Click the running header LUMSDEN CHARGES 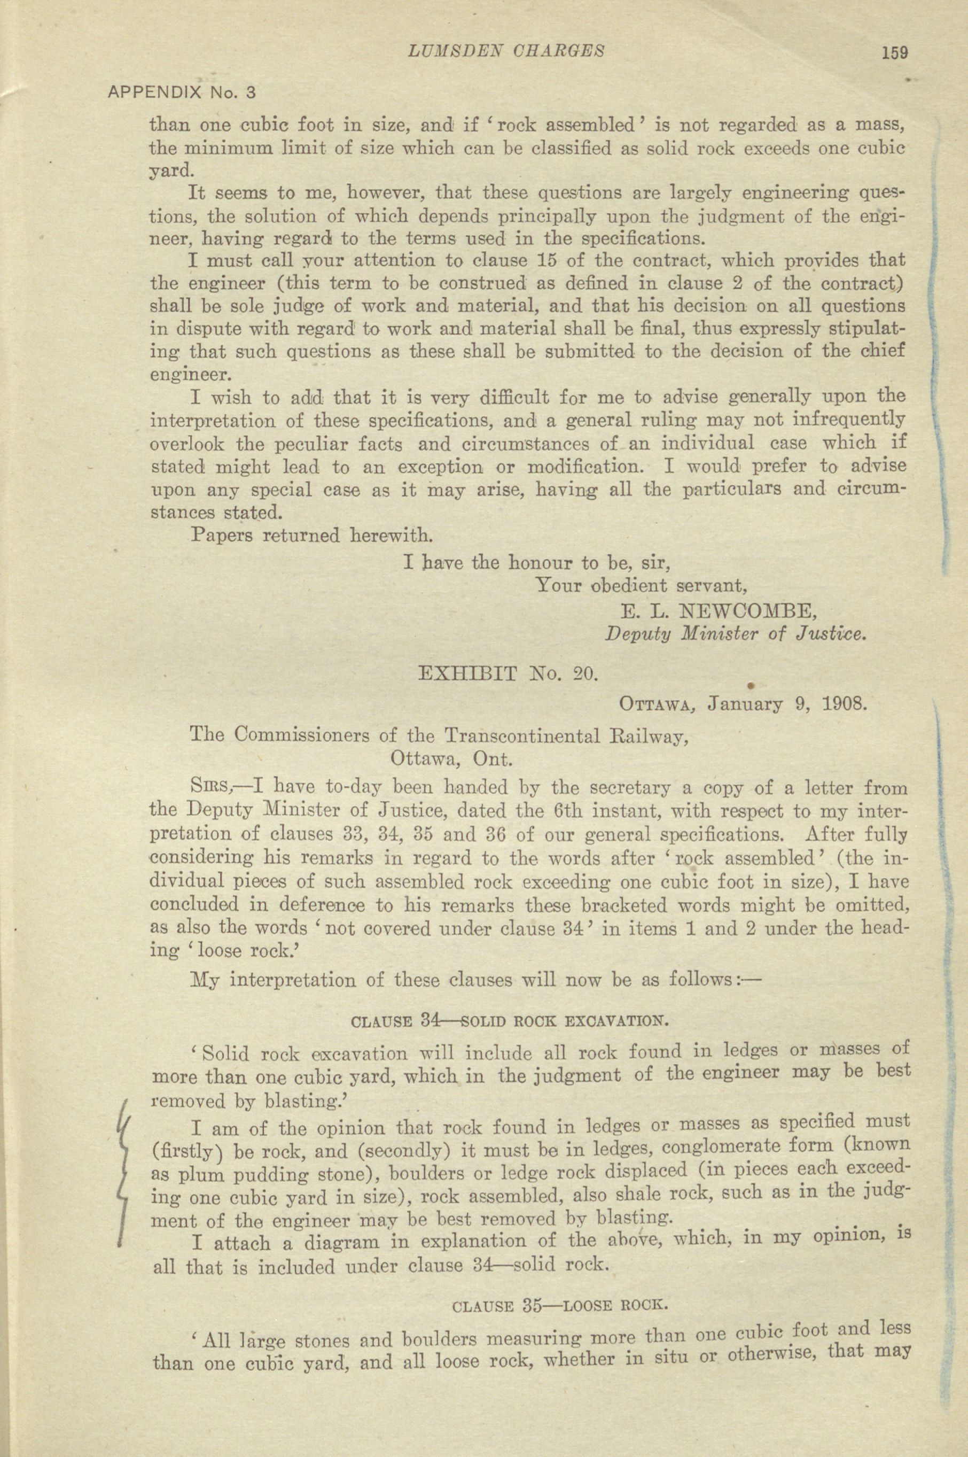pos(506,51)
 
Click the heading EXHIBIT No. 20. pos(508,674)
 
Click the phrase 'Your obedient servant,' pos(642,585)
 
